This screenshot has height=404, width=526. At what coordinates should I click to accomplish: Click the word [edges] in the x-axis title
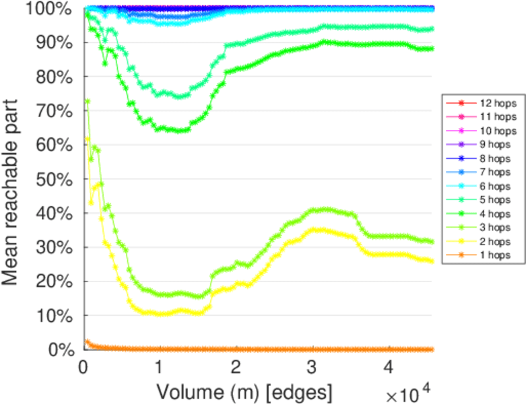(299, 391)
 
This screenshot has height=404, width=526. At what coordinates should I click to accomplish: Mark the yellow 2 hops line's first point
(87, 139)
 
